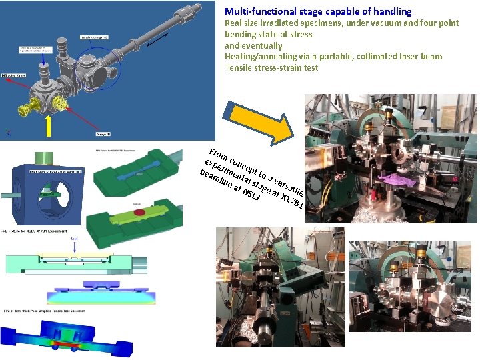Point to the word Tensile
239,67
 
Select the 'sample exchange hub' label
95,37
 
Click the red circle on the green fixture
140,212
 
